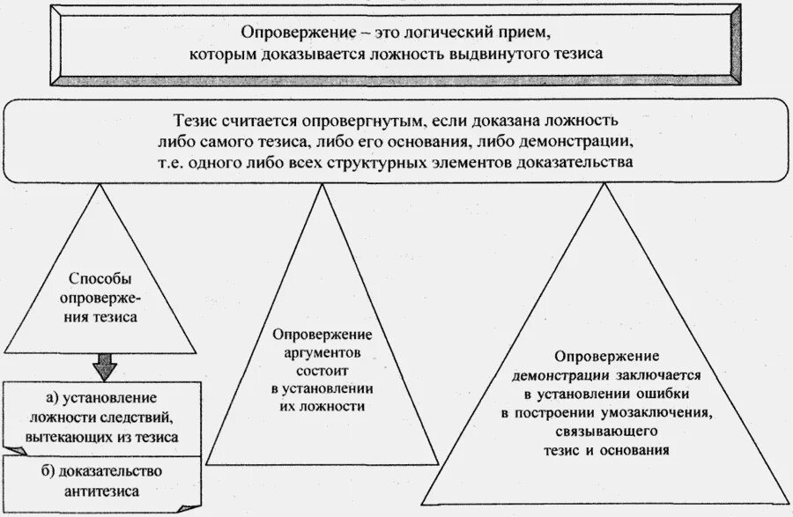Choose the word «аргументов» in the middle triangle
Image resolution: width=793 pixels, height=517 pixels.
click(322, 352)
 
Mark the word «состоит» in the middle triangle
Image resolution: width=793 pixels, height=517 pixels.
click(322, 370)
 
